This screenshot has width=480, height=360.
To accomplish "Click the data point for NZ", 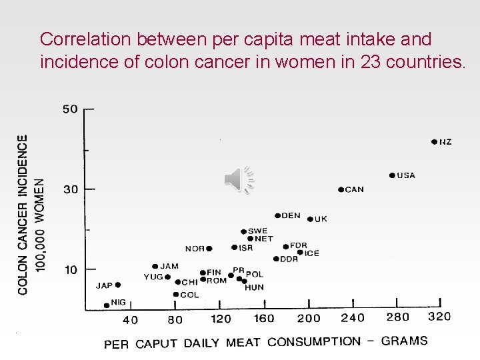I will (434, 141).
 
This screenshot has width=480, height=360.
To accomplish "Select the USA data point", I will (392, 175).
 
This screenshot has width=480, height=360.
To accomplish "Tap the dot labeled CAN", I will (341, 189).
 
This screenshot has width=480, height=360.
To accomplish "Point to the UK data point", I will (310, 219).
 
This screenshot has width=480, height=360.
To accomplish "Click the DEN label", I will (291, 215).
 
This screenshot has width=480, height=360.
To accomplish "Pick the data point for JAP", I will (118, 285).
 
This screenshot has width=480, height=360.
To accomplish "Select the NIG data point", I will (107, 305).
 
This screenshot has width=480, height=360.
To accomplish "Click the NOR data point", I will (209, 249).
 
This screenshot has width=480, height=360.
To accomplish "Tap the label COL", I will (189, 295).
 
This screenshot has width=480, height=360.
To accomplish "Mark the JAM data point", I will (155, 267).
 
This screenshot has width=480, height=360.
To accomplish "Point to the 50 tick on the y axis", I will (70, 109).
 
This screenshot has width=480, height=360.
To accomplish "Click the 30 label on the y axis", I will (70, 189).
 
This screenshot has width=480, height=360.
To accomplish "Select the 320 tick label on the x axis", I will (439, 317).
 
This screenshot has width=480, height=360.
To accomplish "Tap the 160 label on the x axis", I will (264, 318).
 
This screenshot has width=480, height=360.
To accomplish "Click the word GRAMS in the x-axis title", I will (404, 341).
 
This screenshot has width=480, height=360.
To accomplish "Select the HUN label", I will (254, 287).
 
